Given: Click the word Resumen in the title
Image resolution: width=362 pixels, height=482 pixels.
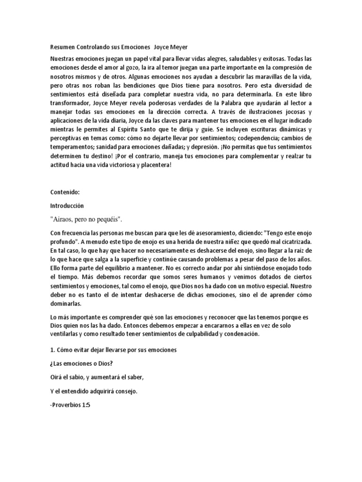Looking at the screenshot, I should tap(63, 48).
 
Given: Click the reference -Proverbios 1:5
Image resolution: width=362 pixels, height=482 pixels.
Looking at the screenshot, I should tap(70, 403).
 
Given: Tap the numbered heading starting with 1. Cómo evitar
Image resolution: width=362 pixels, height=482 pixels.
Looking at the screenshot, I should tap(113, 351).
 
